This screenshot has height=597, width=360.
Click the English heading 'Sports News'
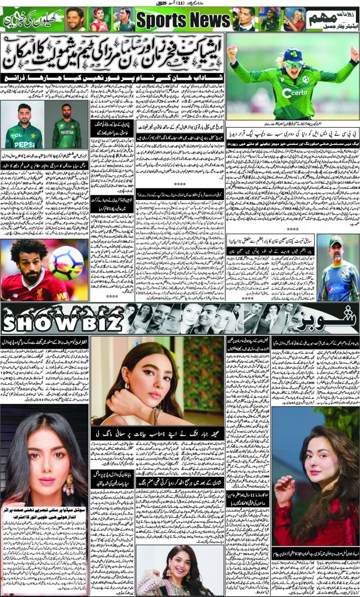182,21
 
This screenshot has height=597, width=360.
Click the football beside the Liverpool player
66,262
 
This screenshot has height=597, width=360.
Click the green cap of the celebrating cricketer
291,56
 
